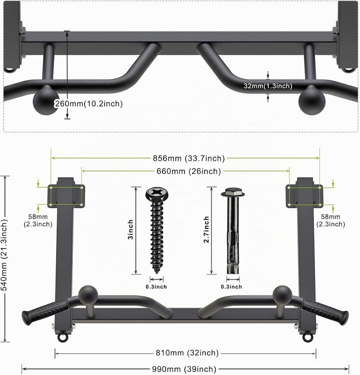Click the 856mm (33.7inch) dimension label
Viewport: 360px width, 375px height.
tap(188, 158)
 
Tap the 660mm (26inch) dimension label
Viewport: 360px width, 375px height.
tap(188, 171)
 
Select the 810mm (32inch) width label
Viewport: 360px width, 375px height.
tap(187, 353)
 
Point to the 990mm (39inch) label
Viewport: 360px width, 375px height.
tap(184, 369)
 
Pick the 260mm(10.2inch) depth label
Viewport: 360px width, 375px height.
tap(88, 104)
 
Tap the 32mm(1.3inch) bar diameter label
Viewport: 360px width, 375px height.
tap(268, 86)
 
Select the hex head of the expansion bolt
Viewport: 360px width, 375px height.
tap(233, 192)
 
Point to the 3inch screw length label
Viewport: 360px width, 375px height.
tap(130, 230)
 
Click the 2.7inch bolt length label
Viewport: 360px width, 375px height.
tap(206, 229)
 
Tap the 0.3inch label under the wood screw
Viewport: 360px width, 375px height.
tap(156, 286)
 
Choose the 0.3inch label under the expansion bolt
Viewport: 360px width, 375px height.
tap(231, 286)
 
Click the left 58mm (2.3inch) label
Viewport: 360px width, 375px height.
tap(38, 220)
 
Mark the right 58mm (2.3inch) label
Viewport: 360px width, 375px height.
tap(330, 220)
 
